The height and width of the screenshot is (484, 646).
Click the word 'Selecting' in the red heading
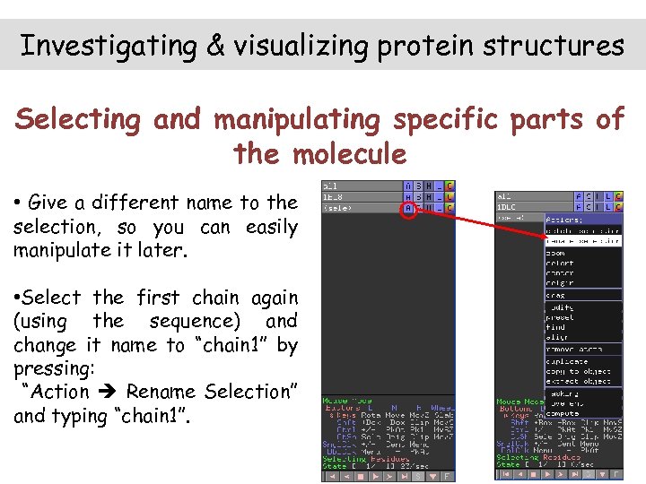tap(79, 119)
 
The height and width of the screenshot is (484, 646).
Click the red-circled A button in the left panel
tap(408, 208)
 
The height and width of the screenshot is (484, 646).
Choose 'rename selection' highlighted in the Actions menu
tap(582, 241)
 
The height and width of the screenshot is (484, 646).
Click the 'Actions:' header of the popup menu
tap(565, 219)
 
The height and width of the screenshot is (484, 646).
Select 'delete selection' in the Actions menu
tap(582, 230)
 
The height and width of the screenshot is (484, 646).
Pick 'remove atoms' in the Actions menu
tap(574, 349)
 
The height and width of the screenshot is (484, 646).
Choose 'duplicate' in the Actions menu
tap(568, 361)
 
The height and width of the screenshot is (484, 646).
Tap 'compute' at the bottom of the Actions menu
tap(564, 413)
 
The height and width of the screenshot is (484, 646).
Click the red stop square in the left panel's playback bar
tap(360, 476)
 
